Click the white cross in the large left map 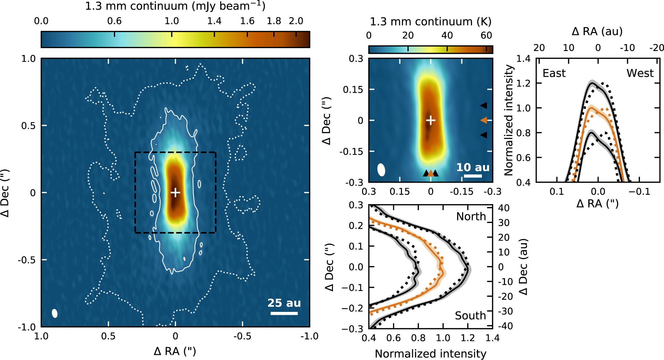point(175,193)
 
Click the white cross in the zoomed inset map point(430,120)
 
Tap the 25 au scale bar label point(284,303)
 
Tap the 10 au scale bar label point(473,167)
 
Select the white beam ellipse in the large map point(55,313)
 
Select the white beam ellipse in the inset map point(381,170)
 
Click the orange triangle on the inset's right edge point(483,120)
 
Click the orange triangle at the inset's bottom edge point(430,173)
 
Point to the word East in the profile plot point(554,73)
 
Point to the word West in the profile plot point(640,73)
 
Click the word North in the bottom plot point(471,217)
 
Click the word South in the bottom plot point(470,316)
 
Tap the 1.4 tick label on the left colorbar point(214,21)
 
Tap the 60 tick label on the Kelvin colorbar point(486,36)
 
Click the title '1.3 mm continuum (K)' point(430,22)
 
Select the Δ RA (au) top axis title point(597,31)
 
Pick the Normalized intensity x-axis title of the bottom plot point(430,354)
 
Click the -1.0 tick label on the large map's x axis point(309,336)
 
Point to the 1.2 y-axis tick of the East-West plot point(524,83)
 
